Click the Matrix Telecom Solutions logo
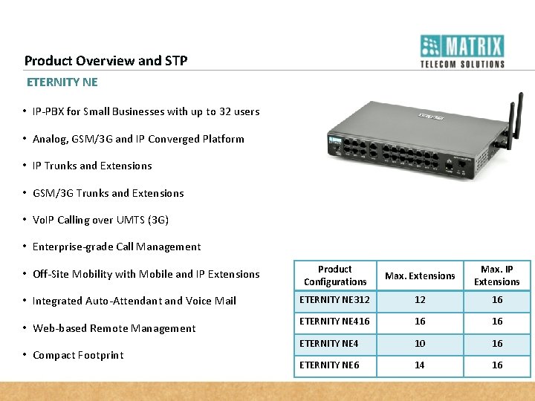point(462,50)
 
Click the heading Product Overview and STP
point(106,61)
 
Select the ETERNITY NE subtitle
point(62,82)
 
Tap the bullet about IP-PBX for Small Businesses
point(146,111)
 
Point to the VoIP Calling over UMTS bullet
point(100,220)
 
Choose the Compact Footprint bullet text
point(78,355)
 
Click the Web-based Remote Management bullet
point(114,328)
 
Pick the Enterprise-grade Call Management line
point(117,247)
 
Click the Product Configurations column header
point(335,276)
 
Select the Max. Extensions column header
point(420,276)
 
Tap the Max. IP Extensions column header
point(497,276)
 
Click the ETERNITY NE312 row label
point(334,300)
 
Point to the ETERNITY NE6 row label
point(329,365)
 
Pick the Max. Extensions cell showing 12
point(420,300)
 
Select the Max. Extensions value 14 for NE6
point(420,365)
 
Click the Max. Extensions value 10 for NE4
point(420,343)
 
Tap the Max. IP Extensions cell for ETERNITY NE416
point(497,322)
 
